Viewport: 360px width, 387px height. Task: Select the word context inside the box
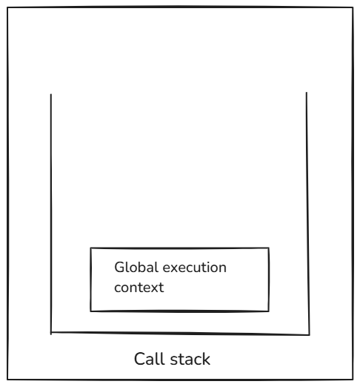click(139, 288)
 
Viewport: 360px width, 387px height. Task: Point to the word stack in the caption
click(190, 359)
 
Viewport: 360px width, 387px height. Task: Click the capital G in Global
click(119, 268)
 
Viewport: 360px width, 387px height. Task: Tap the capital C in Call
click(139, 359)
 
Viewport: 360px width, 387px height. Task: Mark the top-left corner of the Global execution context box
click(90, 248)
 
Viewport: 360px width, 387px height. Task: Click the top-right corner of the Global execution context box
click(269, 248)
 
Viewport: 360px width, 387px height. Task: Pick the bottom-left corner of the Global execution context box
click(90, 311)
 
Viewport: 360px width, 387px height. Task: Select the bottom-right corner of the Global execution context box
click(269, 311)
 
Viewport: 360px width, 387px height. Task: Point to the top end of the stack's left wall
click(51, 94)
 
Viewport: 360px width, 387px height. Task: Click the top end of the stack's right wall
click(307, 93)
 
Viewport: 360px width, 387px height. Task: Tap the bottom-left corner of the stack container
click(51, 333)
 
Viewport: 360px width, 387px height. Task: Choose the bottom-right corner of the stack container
click(310, 335)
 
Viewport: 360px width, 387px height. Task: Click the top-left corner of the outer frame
click(7, 7)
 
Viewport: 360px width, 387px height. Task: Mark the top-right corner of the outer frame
click(353, 7)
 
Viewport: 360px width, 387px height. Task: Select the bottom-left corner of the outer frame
click(7, 380)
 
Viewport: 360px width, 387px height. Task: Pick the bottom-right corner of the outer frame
click(353, 380)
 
